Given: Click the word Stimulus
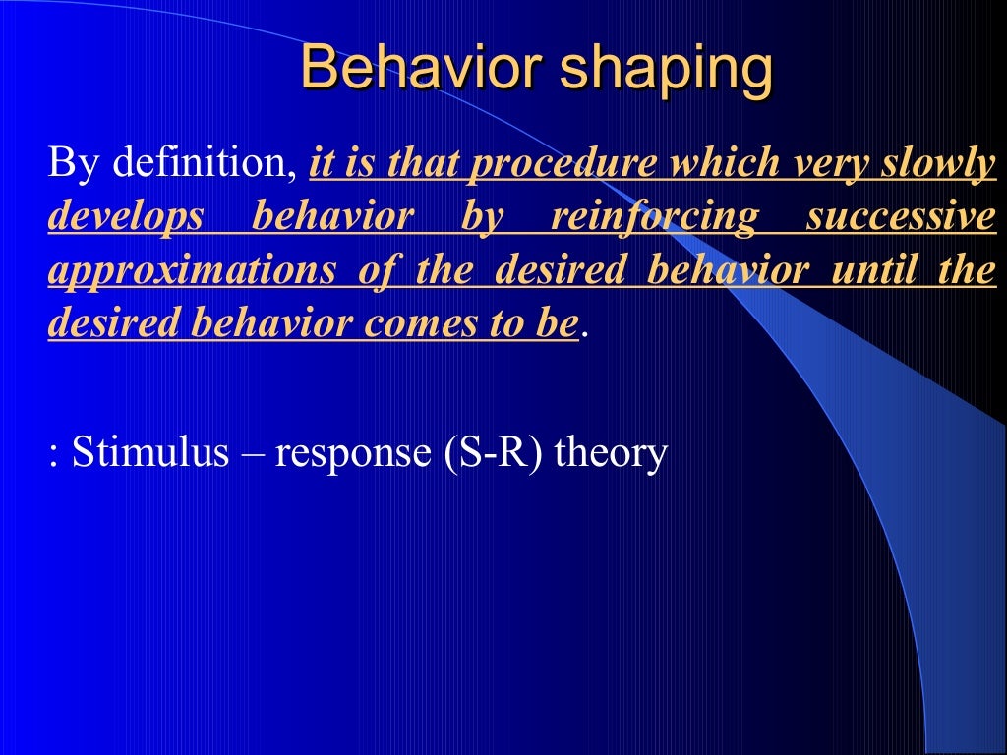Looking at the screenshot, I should [149, 454].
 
